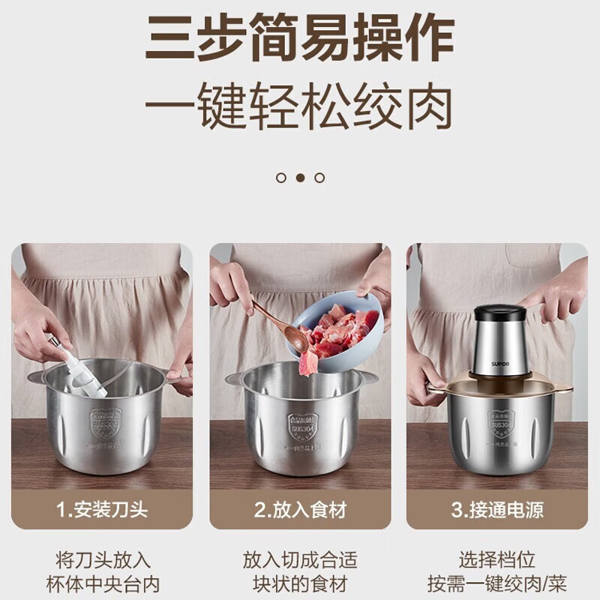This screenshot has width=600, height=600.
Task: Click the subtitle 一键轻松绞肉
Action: [x=299, y=107]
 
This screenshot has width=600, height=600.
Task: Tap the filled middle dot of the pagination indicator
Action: [x=300, y=178]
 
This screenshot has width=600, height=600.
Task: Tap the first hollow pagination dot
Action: [x=281, y=178]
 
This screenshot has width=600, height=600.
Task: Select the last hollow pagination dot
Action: [x=319, y=178]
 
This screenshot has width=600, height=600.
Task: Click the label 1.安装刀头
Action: [x=103, y=511]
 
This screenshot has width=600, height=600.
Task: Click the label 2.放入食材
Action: [x=300, y=511]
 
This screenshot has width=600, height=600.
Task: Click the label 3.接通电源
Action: [x=497, y=511]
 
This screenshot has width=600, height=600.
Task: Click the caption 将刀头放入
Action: [x=103, y=559]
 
